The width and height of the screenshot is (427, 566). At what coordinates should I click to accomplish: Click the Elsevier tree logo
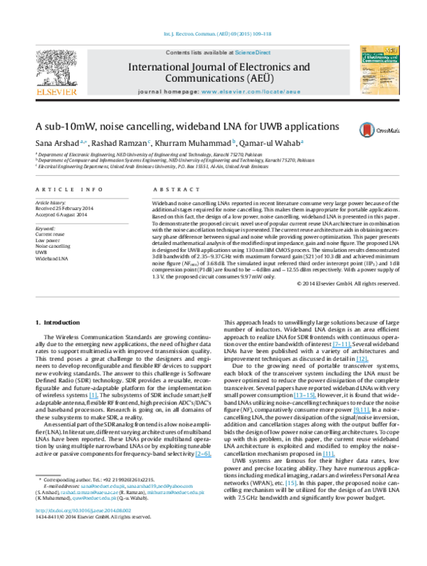point(56,67)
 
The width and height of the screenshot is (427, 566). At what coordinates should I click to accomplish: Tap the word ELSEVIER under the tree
point(56,92)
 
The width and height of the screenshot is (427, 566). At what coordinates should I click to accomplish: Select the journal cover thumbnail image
point(379,70)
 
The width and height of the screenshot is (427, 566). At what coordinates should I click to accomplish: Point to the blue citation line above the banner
point(218,34)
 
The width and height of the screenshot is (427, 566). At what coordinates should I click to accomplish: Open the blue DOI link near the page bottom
point(83,510)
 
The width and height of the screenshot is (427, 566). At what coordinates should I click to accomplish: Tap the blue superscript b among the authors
point(233,141)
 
